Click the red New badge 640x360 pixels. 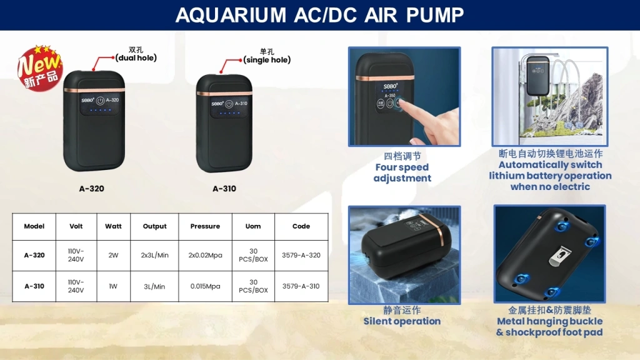[x=40, y=67]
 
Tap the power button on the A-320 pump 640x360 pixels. [x=100, y=101]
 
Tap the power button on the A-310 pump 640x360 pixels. [x=229, y=104]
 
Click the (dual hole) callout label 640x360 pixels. [x=136, y=58]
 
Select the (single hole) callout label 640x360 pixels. [x=267, y=60]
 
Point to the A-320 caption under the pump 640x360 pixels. [x=91, y=189]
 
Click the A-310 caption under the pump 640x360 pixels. [x=224, y=189]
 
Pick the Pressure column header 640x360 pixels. [x=205, y=226]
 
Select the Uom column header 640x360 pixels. [x=253, y=226]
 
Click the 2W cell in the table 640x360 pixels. [x=113, y=255]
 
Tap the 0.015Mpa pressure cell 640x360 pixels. [x=205, y=286]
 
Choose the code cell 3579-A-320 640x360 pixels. [x=301, y=255]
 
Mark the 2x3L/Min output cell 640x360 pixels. [x=155, y=255]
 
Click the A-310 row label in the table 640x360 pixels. [x=34, y=286]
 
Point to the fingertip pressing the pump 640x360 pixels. [x=403, y=104]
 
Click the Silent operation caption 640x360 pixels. [x=402, y=321]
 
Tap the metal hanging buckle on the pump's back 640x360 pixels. [x=559, y=256]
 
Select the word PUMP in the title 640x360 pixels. [x=435, y=16]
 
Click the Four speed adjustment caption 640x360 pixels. [x=402, y=172]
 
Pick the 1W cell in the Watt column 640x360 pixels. [x=113, y=286]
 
